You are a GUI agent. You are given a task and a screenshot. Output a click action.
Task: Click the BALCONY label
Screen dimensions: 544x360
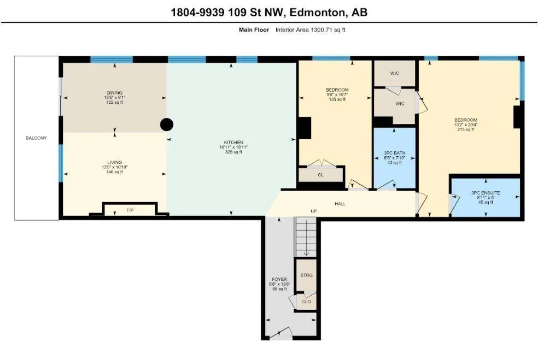coord(36,138)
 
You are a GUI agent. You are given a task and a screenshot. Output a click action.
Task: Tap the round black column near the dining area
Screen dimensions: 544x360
coord(167,125)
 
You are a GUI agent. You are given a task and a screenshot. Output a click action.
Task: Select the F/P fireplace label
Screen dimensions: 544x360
coord(130,210)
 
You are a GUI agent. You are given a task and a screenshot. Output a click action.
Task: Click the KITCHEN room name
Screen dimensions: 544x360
coord(233,143)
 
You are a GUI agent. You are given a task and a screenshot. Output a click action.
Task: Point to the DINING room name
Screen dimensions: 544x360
coord(114,93)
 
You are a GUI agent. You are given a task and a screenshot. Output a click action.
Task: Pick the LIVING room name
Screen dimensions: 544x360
coord(114,162)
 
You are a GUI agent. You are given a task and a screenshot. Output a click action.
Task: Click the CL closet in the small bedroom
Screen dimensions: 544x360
coord(320,175)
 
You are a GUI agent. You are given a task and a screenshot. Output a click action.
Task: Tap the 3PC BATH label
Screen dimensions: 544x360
coord(395,153)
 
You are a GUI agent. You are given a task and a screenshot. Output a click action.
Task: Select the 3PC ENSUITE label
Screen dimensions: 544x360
coord(485,193)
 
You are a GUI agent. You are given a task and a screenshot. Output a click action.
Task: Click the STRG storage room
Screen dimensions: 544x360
coord(306,275)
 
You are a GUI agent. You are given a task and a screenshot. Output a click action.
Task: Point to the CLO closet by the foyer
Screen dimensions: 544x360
coord(306,302)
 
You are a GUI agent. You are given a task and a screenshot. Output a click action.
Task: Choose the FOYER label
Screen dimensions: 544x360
coord(279,279)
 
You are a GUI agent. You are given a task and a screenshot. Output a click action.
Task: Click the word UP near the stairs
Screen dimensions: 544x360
coord(314,211)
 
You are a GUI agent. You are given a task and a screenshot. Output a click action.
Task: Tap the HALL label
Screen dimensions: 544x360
coord(340,204)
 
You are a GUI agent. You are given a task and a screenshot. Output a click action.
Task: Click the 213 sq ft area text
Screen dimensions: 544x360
coord(466,129)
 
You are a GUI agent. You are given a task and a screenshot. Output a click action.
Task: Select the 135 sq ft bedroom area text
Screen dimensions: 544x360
coord(337,99)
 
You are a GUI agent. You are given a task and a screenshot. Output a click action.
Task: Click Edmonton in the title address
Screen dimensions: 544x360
coord(318,13)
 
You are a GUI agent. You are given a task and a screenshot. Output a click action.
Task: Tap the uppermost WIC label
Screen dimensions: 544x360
coord(395,73)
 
